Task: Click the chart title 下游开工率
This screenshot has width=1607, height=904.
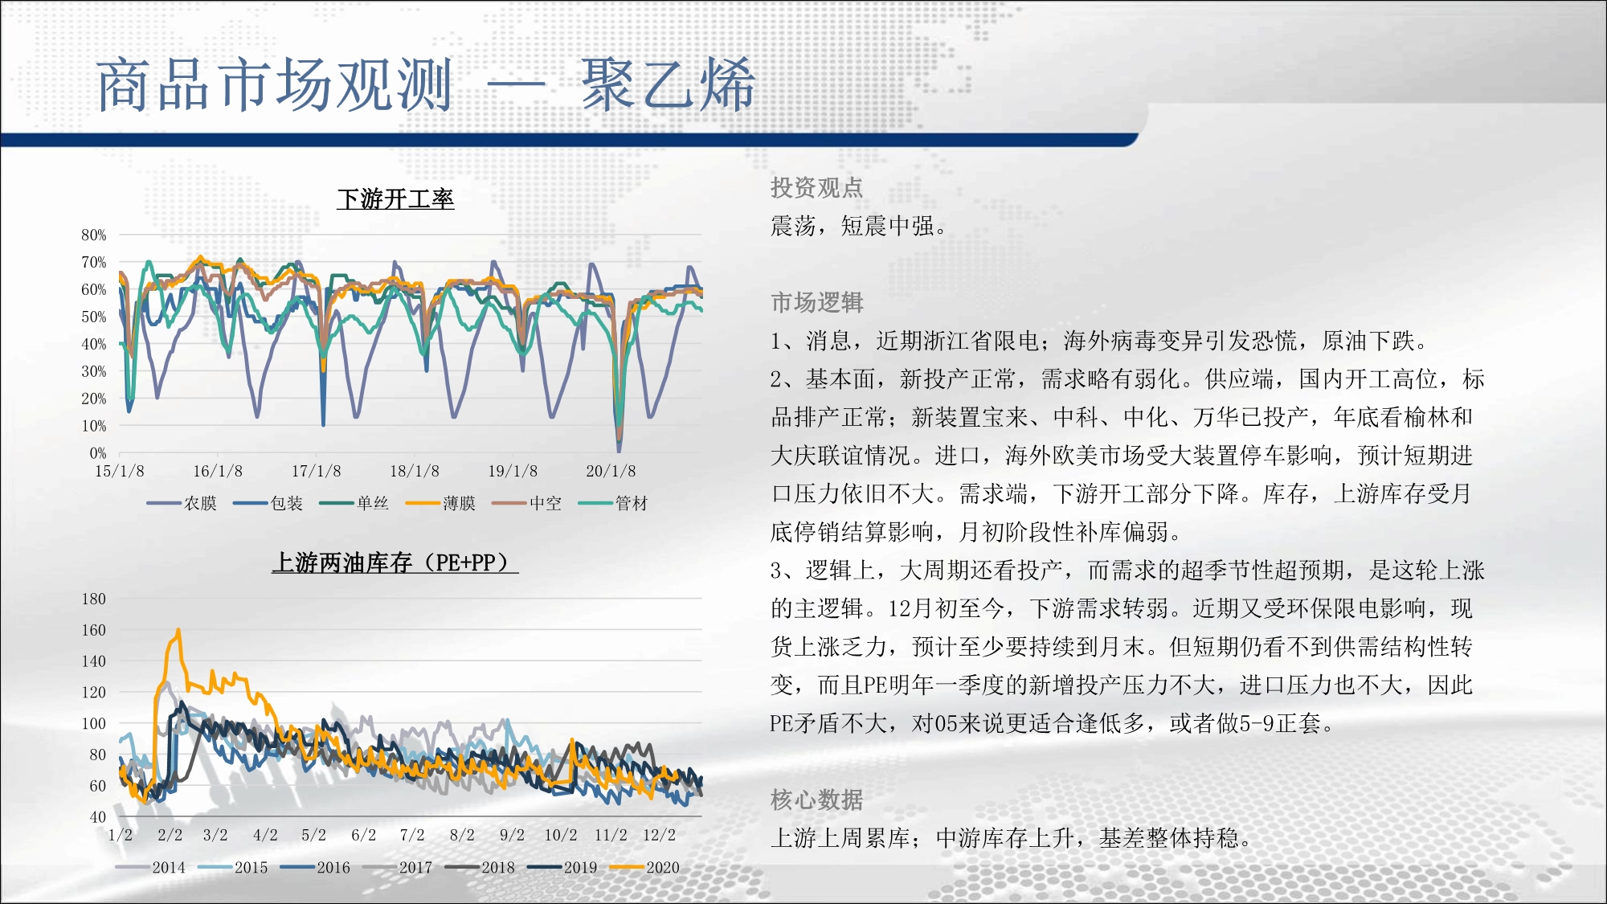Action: (x=395, y=198)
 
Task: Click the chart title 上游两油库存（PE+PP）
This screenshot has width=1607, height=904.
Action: (x=395, y=562)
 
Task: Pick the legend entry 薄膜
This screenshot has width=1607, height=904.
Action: (x=440, y=503)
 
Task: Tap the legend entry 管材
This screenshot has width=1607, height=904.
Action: (x=613, y=503)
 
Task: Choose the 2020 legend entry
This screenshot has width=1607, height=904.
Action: (x=644, y=867)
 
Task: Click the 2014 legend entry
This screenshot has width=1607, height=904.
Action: (x=150, y=867)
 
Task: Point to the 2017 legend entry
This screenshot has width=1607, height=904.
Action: (x=397, y=867)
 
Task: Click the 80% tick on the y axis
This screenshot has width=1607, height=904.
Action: (x=94, y=235)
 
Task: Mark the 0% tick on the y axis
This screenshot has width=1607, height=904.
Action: (x=98, y=452)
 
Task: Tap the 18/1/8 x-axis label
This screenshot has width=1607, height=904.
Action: (x=415, y=471)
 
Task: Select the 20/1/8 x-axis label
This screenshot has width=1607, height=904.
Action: (x=611, y=471)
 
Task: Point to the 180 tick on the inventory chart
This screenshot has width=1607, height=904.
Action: (x=94, y=599)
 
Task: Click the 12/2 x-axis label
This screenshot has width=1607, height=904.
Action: (x=659, y=835)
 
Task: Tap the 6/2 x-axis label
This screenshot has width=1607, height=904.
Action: (x=364, y=835)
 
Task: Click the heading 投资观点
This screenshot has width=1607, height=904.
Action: (x=816, y=187)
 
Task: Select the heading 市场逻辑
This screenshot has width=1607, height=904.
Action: (x=816, y=302)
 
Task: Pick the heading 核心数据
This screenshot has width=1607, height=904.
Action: (x=816, y=800)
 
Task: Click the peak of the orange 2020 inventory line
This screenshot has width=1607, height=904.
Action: (x=178, y=630)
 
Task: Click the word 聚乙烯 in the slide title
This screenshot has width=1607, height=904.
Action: (x=668, y=84)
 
